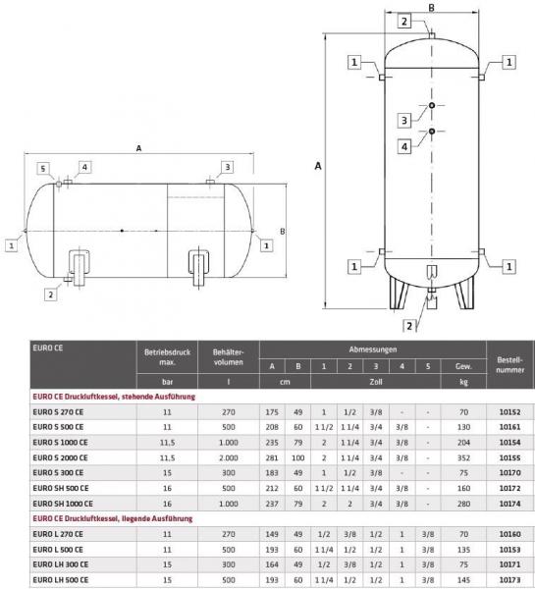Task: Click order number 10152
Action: pyautogui.click(x=508, y=413)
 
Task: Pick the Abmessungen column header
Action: pyautogui.click(x=373, y=348)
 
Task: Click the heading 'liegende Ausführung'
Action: pyautogui.click(x=144, y=516)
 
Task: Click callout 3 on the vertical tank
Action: pyautogui.click(x=403, y=120)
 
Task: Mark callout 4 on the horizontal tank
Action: pyautogui.click(x=85, y=167)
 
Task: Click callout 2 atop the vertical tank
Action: pyautogui.click(x=403, y=22)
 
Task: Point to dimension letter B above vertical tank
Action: pyautogui.click(x=431, y=8)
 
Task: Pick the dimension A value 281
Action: pyautogui.click(x=271, y=456)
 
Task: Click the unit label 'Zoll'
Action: pyautogui.click(x=373, y=382)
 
